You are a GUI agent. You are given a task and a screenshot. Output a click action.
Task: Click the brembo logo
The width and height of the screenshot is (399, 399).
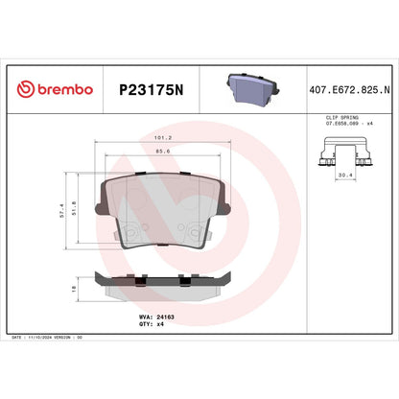[x=55, y=89]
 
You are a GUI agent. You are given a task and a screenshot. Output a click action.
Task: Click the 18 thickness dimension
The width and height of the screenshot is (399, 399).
[x=76, y=287]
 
